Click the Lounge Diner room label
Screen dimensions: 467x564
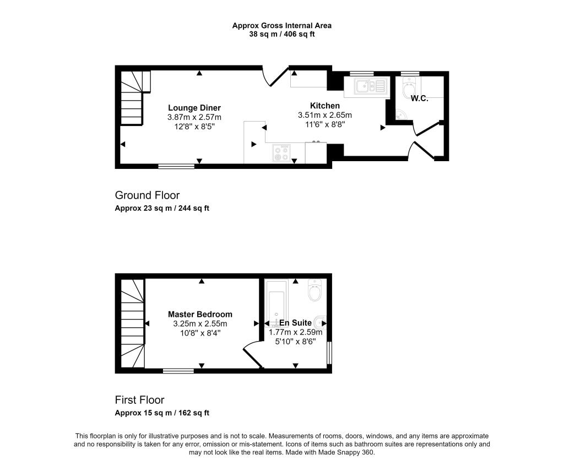pyautogui.click(x=194, y=108)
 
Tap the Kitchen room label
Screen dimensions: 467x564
pyautogui.click(x=325, y=106)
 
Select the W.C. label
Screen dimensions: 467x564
pyautogui.click(x=420, y=99)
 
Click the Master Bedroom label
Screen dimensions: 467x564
pyautogui.click(x=200, y=315)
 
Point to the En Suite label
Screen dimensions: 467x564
pyautogui.click(x=295, y=322)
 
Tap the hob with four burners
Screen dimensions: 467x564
pyautogui.click(x=281, y=154)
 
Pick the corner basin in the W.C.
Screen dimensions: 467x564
pyautogui.click(x=402, y=114)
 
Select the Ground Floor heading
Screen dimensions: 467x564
pyautogui.click(x=147, y=195)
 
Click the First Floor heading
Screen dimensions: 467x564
pyautogui.click(x=139, y=400)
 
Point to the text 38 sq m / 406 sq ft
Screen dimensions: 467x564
pyautogui.click(x=281, y=34)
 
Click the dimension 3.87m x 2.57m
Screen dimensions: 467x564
pyautogui.click(x=194, y=117)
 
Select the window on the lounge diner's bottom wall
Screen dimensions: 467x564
pyautogui.click(x=176, y=166)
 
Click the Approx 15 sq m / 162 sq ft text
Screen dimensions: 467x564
pyautogui.click(x=162, y=413)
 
